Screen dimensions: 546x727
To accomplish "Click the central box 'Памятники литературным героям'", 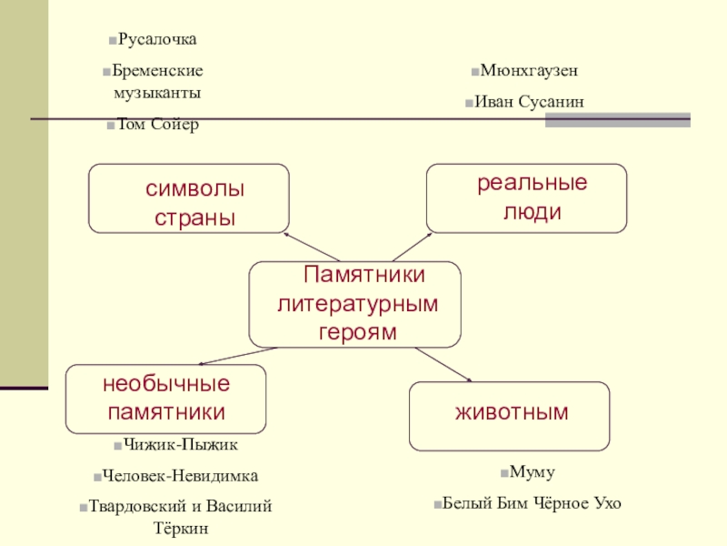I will (x=354, y=304).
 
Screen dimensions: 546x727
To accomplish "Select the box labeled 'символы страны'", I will (x=188, y=198).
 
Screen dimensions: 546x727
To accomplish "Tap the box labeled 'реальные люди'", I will (x=526, y=197).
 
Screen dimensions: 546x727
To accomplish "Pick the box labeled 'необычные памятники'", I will (x=165, y=399).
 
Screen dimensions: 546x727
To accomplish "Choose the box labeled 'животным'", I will (x=510, y=416).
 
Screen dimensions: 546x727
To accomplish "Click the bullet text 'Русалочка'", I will (x=157, y=40).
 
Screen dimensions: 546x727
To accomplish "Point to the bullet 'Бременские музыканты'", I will (x=157, y=81).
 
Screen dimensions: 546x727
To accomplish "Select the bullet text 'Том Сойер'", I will (x=157, y=124).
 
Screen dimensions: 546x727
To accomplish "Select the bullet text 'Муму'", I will (x=532, y=473).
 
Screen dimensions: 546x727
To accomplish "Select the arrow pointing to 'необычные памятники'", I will (x=238, y=356).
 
